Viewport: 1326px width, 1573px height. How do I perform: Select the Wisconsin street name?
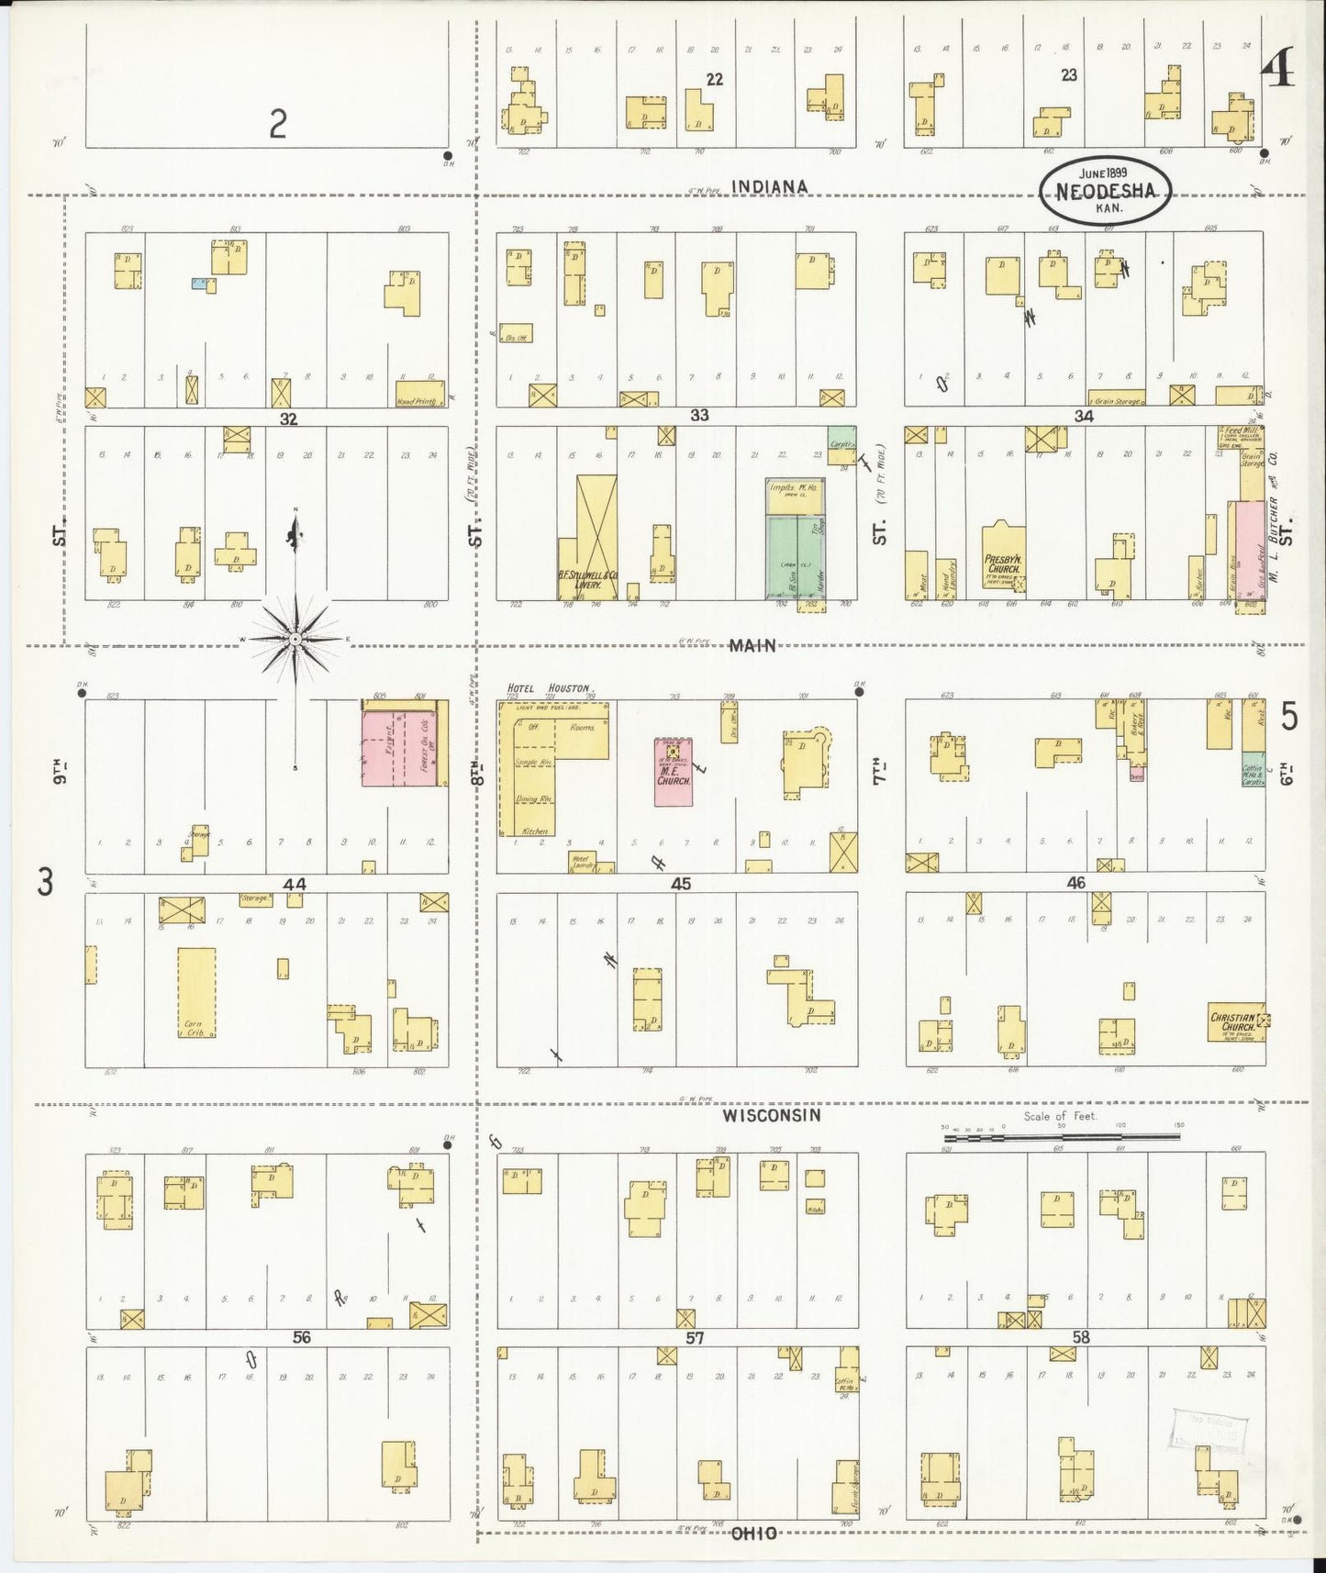(770, 1115)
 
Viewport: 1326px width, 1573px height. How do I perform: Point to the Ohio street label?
(754, 1533)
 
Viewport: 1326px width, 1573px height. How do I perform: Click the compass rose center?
(295, 638)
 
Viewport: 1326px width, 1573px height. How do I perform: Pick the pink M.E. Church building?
(674, 773)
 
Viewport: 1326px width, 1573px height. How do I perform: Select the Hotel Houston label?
(551, 687)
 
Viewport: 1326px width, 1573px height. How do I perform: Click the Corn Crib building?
(196, 993)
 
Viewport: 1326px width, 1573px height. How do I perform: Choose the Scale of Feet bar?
(1061, 1137)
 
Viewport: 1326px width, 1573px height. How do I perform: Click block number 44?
(294, 884)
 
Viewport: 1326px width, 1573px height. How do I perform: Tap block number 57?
(695, 1338)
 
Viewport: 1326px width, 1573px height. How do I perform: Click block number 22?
(714, 80)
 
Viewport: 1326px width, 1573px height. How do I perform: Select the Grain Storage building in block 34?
(1115, 400)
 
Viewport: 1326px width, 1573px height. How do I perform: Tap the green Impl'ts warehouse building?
(796, 557)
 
